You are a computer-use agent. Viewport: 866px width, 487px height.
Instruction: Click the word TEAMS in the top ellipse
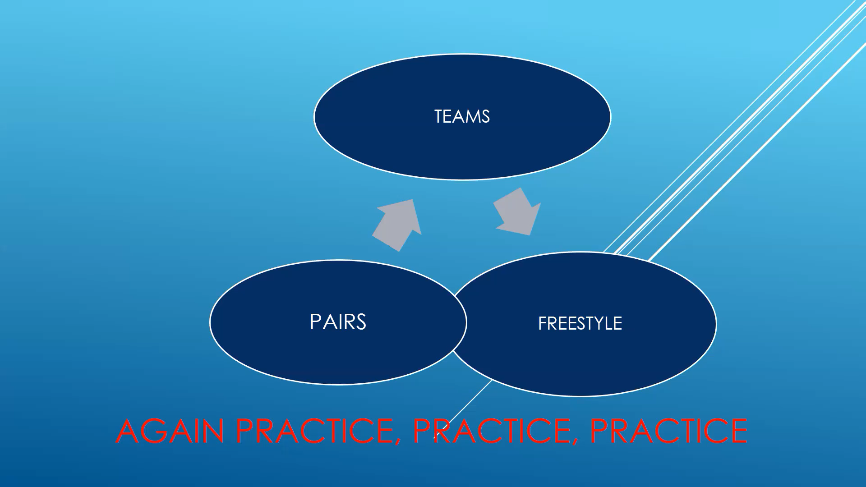pyautogui.click(x=462, y=117)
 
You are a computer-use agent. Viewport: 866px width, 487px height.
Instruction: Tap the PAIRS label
pyautogui.click(x=338, y=322)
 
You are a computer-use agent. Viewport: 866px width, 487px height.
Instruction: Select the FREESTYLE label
pyautogui.click(x=580, y=323)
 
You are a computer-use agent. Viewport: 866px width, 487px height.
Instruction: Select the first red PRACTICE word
pyautogui.click(x=314, y=431)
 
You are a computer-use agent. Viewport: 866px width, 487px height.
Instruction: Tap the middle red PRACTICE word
pyautogui.click(x=491, y=431)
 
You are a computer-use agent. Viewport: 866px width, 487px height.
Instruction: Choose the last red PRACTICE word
pyautogui.click(x=668, y=431)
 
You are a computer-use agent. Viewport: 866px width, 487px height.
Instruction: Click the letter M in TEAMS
pyautogui.click(x=472, y=117)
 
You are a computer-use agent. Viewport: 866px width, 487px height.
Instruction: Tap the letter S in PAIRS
pyautogui.click(x=360, y=322)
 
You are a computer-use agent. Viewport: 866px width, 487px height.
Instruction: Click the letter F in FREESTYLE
pyautogui.click(x=542, y=324)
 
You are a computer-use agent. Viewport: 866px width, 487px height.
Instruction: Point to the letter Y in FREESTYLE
pyautogui.click(x=598, y=324)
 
